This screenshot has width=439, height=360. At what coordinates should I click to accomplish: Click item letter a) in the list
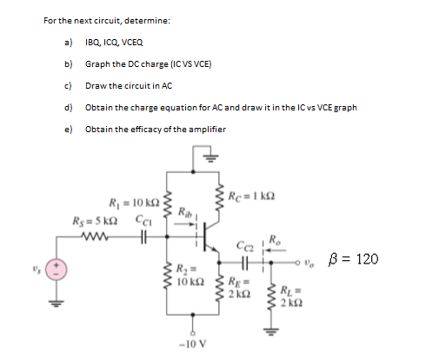[x=67, y=41]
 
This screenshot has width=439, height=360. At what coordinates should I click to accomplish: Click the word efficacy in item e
[x=147, y=129]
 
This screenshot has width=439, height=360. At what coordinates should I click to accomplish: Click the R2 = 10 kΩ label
[x=190, y=276]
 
